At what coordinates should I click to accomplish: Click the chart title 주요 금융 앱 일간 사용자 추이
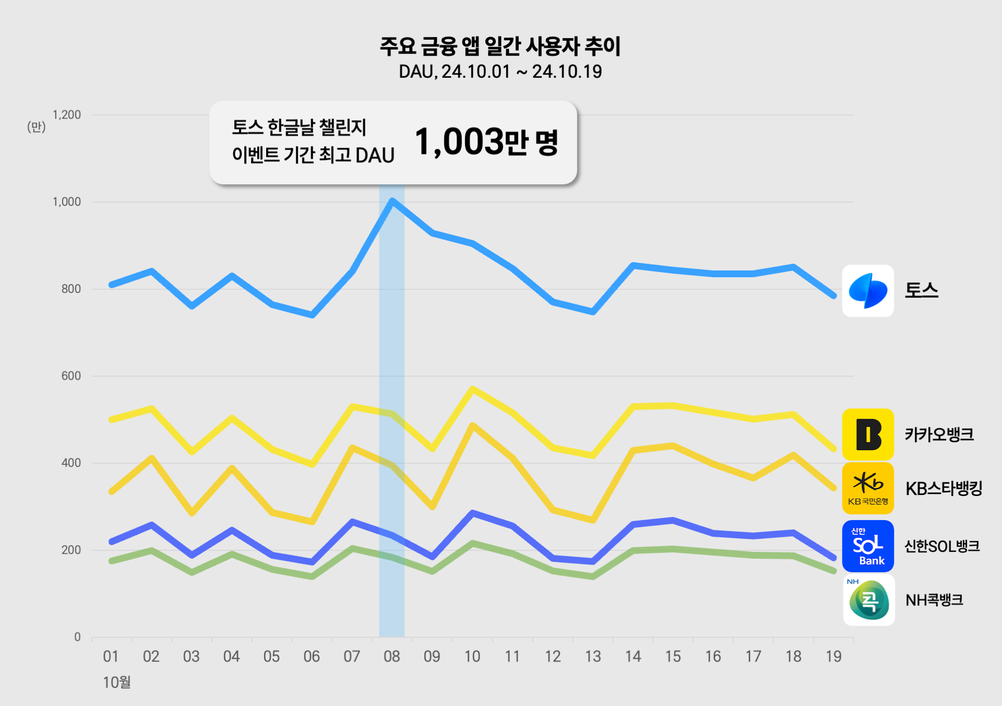[x=500, y=46]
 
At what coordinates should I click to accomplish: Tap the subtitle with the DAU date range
[x=500, y=72]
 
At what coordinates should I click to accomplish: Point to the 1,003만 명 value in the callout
[x=486, y=142]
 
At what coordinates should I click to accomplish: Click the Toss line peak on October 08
[x=392, y=200]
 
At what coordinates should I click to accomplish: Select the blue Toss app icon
[x=868, y=291]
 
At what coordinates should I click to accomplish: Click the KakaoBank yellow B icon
[x=868, y=434]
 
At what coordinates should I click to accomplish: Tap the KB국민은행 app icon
[x=868, y=488]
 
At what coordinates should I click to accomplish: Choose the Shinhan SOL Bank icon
[x=868, y=546]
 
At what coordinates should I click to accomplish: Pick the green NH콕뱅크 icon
[x=869, y=600]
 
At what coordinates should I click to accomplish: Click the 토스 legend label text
[x=921, y=290]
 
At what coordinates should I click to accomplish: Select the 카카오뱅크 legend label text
[x=939, y=434]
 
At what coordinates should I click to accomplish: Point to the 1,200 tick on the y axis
[x=67, y=115]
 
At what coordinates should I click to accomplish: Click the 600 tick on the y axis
[x=71, y=376]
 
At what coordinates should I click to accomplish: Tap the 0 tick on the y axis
[x=77, y=637]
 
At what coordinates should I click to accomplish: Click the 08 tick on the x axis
[x=392, y=656]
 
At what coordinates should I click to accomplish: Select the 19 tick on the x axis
[x=833, y=656]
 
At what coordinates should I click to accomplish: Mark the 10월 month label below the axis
[x=117, y=682]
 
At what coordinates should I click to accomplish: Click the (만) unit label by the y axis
[x=37, y=127]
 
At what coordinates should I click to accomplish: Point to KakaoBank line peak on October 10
[x=472, y=389]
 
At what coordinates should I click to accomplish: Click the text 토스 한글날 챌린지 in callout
[x=299, y=127]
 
